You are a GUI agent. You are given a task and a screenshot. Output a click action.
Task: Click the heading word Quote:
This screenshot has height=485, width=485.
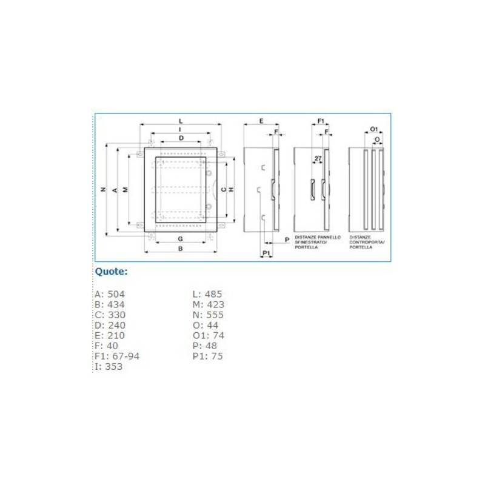tap(111, 272)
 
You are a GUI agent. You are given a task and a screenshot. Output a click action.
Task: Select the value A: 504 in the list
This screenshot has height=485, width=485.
tap(110, 294)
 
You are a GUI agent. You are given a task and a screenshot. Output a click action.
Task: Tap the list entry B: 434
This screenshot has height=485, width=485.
tap(110, 304)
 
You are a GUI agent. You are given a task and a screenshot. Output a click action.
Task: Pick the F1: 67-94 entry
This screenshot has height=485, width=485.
tap(117, 356)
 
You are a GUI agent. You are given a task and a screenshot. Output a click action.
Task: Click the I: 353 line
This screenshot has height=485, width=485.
tap(109, 366)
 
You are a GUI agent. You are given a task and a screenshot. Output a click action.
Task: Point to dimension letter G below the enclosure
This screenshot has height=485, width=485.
tap(180, 239)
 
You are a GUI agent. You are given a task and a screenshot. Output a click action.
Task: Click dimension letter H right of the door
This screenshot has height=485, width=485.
tap(232, 190)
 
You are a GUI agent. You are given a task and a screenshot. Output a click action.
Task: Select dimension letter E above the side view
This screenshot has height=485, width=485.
tap(261, 121)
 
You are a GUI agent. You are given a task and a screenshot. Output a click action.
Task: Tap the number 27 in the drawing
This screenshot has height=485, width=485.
tap(318, 159)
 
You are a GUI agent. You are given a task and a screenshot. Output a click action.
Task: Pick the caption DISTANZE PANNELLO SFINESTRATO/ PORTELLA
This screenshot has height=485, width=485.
tap(318, 242)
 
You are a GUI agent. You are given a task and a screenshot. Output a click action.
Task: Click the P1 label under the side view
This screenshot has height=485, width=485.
tap(266, 252)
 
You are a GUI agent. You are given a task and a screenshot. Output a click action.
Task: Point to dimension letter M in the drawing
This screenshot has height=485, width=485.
tap(125, 190)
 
